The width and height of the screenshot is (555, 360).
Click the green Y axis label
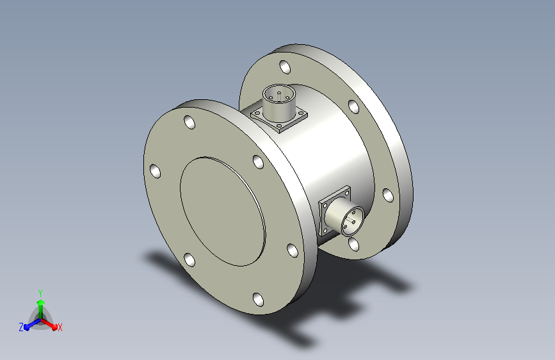(40, 293)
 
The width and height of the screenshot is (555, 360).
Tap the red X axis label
(60, 327)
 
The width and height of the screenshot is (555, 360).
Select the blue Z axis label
(21, 327)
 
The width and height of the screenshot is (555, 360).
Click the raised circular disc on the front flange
(223, 211)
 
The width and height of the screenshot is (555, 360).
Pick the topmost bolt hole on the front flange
(189, 122)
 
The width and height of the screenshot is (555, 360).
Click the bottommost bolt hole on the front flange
(259, 299)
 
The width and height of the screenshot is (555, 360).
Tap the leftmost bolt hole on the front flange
(155, 171)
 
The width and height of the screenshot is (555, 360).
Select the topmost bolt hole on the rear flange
(285, 67)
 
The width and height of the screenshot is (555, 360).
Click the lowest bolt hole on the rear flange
(353, 244)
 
